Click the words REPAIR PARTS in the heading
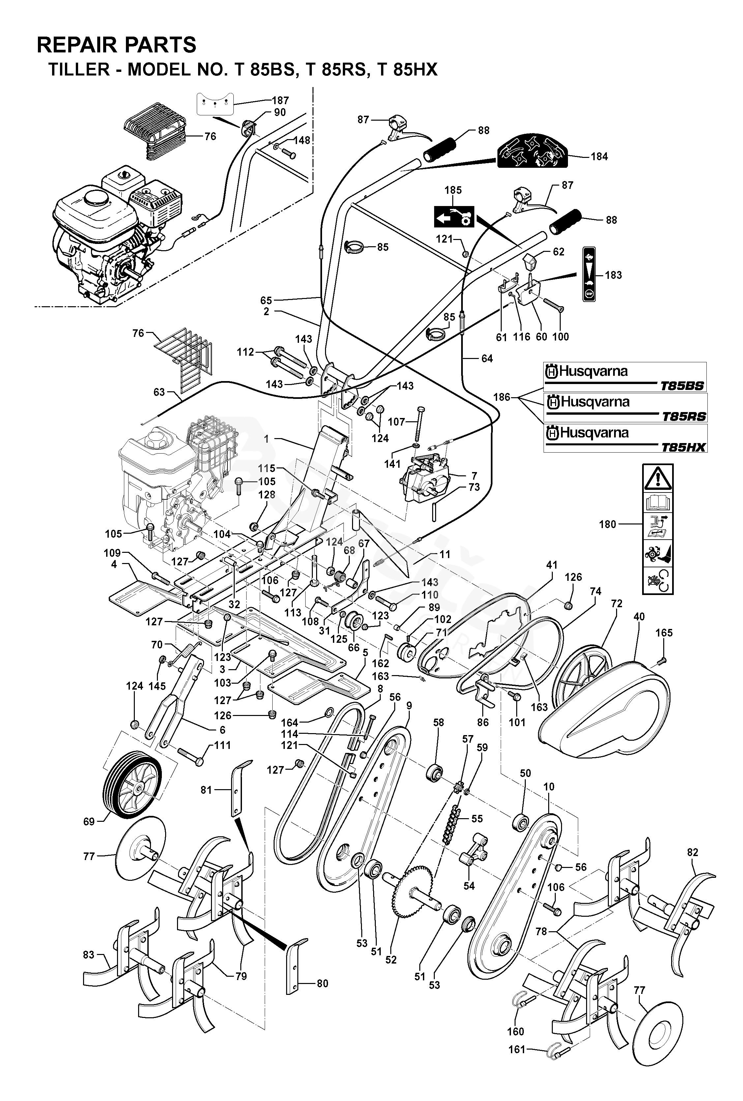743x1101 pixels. point(117,45)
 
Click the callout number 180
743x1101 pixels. point(608,524)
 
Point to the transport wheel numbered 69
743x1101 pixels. point(131,790)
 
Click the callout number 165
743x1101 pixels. point(664,633)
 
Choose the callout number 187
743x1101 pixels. point(280,101)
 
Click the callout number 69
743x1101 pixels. point(89,821)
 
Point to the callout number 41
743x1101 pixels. point(551,565)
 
